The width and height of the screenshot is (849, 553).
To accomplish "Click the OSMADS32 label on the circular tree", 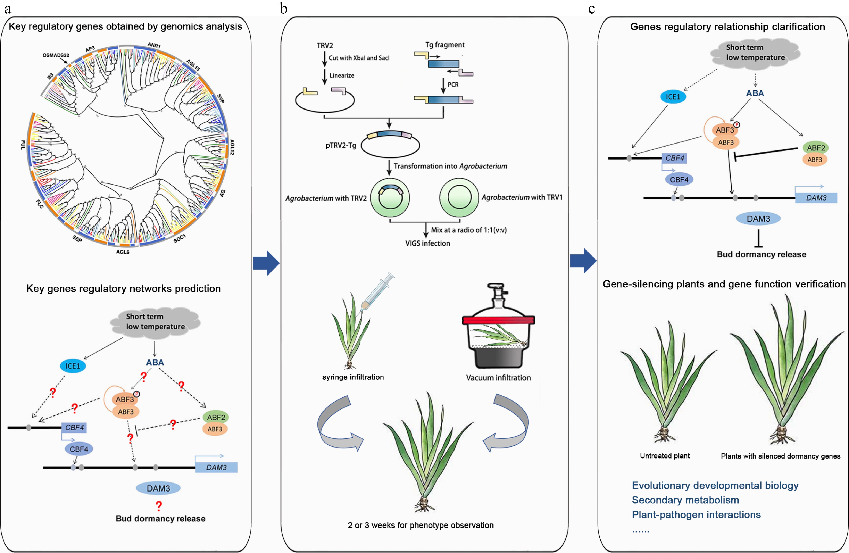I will [56, 55].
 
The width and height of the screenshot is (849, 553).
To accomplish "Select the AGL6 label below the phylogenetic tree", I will [123, 252].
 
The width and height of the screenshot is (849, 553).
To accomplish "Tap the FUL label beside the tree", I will [23, 145].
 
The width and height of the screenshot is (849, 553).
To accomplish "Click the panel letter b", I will [284, 9].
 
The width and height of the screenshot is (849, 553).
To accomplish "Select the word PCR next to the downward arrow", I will [453, 85].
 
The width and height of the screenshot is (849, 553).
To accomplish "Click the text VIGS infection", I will [427, 243].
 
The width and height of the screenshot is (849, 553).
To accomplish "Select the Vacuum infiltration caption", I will [498, 378].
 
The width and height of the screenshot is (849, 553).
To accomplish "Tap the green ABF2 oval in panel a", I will [216, 417].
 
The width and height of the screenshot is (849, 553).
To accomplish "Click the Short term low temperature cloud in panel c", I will [755, 53].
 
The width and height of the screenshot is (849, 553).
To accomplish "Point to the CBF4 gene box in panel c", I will [674, 158].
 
